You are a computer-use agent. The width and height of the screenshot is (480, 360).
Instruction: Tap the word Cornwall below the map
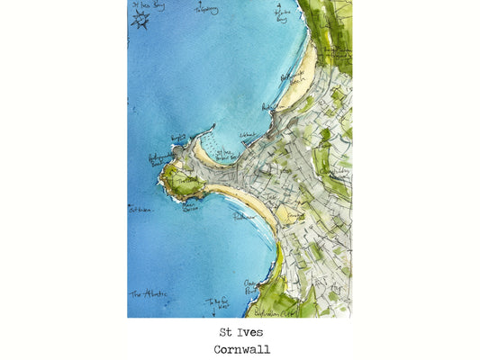[241, 349]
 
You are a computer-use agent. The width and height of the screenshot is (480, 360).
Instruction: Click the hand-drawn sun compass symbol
[140, 19]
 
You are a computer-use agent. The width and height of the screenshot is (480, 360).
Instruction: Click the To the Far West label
[218, 304]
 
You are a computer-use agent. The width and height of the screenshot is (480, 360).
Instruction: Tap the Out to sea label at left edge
[140, 210]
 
